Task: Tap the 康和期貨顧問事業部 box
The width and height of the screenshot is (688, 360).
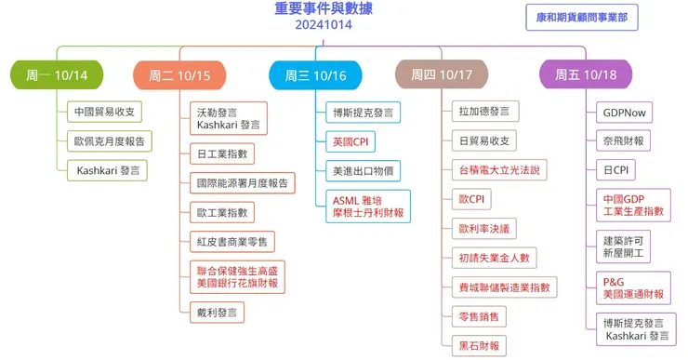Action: click(581, 18)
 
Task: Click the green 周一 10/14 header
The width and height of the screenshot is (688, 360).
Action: click(57, 74)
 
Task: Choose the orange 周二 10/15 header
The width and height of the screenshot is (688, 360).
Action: click(179, 74)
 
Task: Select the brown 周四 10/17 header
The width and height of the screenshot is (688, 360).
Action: click(442, 74)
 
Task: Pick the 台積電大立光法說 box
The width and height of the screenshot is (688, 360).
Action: click(498, 170)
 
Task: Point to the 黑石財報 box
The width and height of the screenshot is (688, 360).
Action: click(479, 345)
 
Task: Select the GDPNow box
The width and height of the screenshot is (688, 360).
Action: click(624, 113)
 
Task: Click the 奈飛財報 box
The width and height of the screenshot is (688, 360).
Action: click(624, 141)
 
